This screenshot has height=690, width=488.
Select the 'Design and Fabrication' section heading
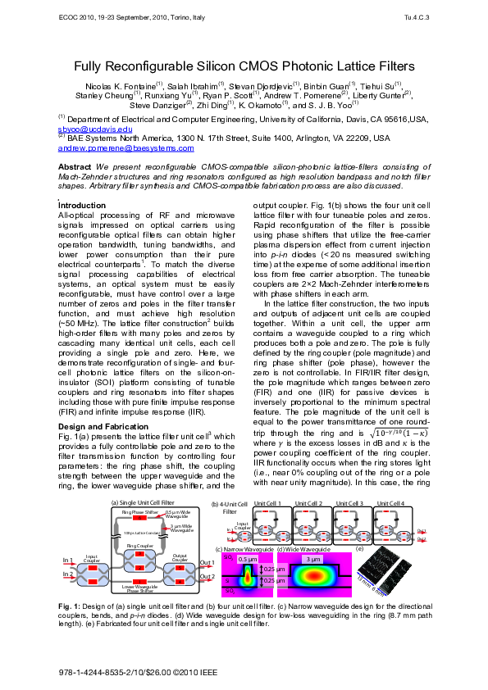click(x=104, y=426)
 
